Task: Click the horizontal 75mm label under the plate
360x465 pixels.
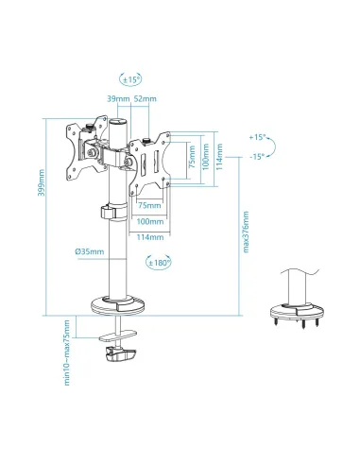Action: [x=149, y=204]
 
